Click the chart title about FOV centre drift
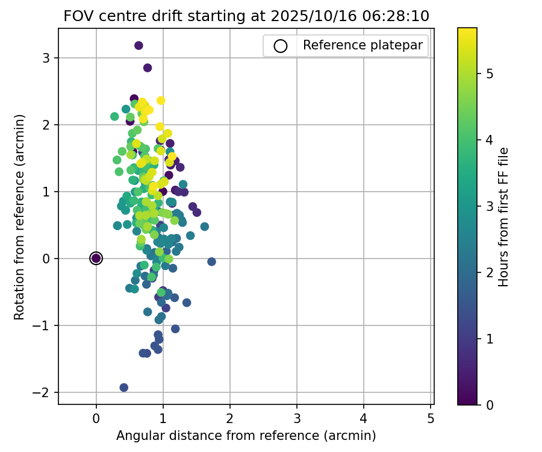(246, 16)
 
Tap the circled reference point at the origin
(96, 258)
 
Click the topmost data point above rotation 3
(139, 45)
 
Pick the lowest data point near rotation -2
(123, 388)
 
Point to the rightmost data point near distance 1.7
(211, 262)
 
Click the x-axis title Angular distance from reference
(246, 435)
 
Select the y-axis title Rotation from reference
(19, 217)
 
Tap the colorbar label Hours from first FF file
(504, 217)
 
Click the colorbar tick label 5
(490, 74)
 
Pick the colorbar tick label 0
(490, 405)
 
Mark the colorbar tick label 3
(490, 206)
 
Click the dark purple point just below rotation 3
(148, 67)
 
